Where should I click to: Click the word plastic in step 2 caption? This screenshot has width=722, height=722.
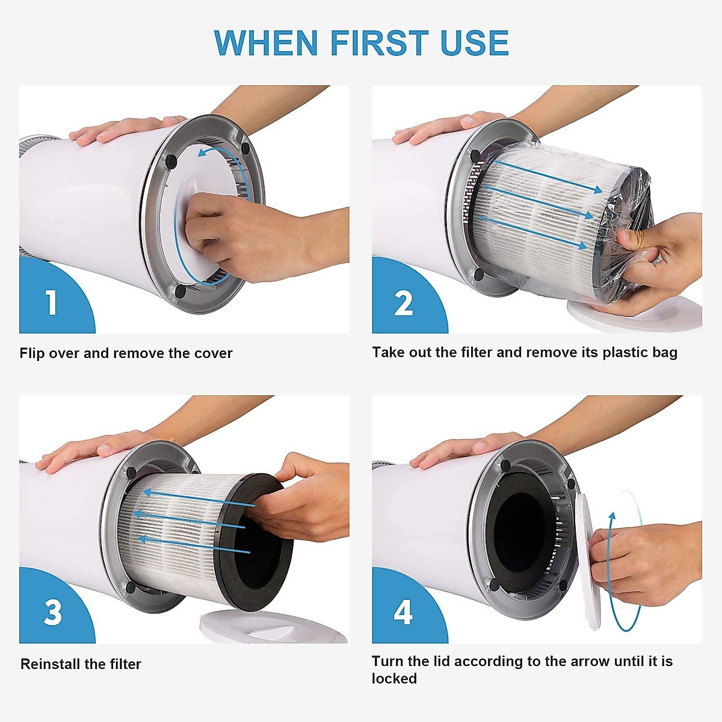[x=624, y=353]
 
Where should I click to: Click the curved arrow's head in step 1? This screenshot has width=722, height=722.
[x=203, y=152]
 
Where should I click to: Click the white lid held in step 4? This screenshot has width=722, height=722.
[x=590, y=562]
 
